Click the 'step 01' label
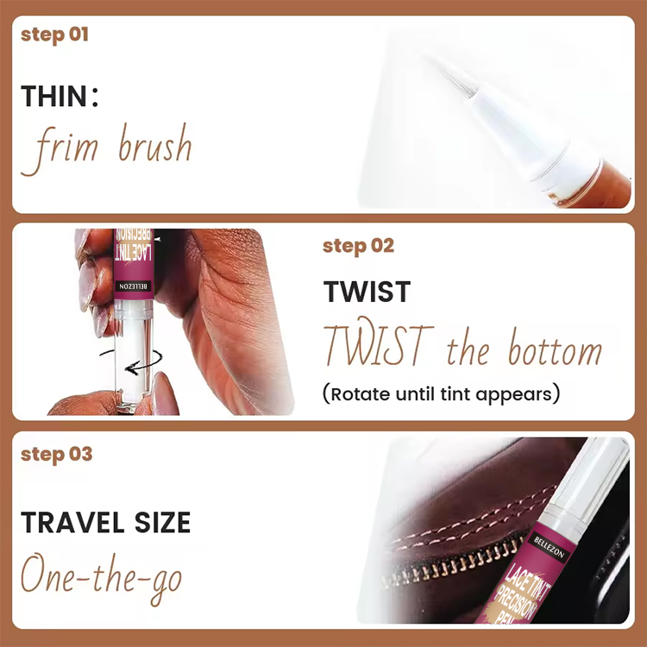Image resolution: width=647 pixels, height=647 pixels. pyautogui.click(x=54, y=35)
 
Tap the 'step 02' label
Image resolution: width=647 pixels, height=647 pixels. pyautogui.click(x=358, y=246)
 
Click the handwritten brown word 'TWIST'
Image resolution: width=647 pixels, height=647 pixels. pyautogui.click(x=376, y=347)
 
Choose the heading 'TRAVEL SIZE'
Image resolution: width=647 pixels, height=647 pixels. pyautogui.click(x=106, y=523)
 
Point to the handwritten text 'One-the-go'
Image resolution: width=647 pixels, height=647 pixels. pyautogui.click(x=101, y=575)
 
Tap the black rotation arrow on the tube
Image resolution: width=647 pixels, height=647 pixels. pyautogui.click(x=121, y=362)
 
